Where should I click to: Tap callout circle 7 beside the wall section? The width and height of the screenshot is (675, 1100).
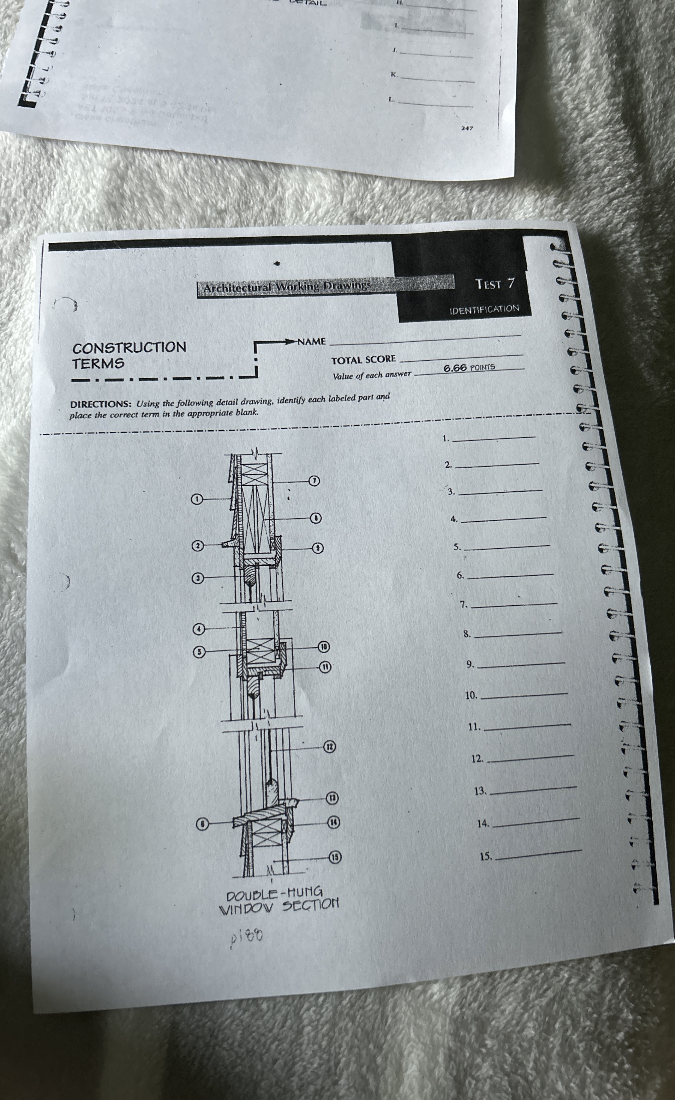tap(315, 481)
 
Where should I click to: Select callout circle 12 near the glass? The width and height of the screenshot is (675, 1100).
tap(330, 746)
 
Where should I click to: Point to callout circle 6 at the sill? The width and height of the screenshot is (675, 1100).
tap(202, 824)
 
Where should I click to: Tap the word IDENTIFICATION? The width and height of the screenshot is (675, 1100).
tap(484, 309)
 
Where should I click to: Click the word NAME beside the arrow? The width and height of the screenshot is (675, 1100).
tap(312, 342)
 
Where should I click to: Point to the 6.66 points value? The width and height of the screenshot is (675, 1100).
tap(469, 367)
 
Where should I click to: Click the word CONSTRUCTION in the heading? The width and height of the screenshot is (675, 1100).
tap(130, 347)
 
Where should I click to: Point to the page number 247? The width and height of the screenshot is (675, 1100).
tap(467, 128)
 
